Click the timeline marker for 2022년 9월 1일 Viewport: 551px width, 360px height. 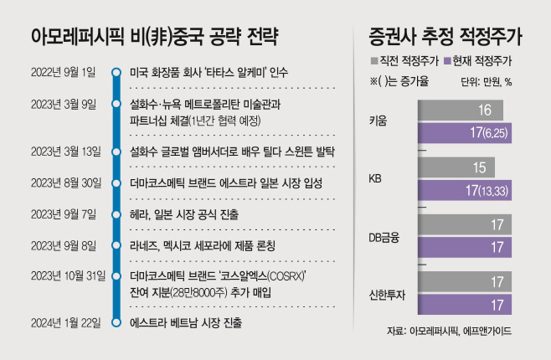tap(116, 72)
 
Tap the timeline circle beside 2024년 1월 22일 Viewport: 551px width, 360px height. tap(116, 322)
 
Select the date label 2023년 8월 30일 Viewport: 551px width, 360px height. tap(66, 183)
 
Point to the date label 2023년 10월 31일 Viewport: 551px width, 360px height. tap(68, 276)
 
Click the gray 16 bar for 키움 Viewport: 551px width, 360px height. tap(461, 111)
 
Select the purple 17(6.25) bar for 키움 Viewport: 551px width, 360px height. tap(465, 133)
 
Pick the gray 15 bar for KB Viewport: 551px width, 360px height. tap(456, 167)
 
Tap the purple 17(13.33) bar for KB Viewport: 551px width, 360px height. tap(465, 190)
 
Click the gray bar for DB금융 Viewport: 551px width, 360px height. tap(465, 224)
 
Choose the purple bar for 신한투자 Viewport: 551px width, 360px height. tap(465, 305)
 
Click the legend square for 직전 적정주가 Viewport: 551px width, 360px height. tap(374, 61)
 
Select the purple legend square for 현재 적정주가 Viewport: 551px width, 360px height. tap(447, 61)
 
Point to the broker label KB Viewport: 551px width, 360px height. tap(375, 179)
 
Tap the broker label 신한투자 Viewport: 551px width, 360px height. tap(387, 295)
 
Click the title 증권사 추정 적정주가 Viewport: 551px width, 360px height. tap(445, 37)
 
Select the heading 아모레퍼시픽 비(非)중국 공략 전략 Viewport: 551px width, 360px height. tap(155, 37)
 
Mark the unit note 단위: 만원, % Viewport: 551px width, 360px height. tap(486, 82)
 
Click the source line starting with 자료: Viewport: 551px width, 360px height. tap(449, 332)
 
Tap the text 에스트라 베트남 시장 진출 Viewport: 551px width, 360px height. tap(186, 323)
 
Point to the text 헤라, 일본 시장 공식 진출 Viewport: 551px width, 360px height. tap(184, 214)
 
